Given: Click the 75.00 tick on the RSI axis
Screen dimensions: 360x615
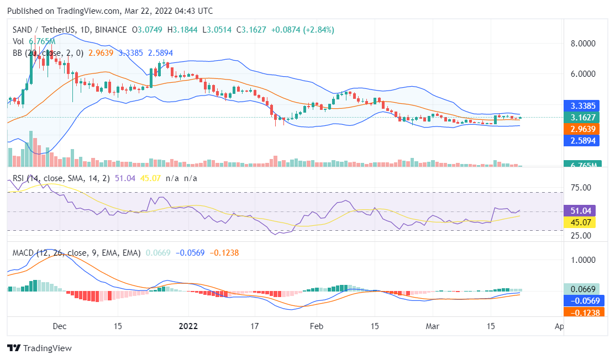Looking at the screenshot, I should click(x=580, y=188).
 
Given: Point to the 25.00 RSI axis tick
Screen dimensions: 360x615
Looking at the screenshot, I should click(x=580, y=236).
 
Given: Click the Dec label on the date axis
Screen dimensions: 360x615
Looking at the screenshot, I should click(x=59, y=326).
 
